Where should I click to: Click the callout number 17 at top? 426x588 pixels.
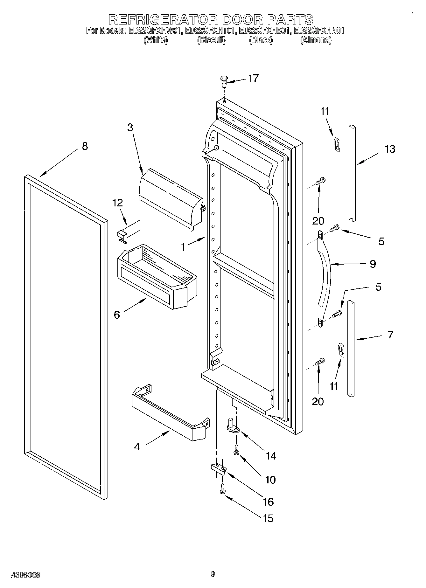[x=253, y=78]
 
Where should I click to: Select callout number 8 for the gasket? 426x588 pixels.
[x=84, y=146]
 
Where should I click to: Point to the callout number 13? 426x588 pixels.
[x=390, y=149]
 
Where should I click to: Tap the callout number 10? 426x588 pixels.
[x=270, y=480]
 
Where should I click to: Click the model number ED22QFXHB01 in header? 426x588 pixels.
[x=265, y=31]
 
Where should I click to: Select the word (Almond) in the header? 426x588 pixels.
[x=316, y=40]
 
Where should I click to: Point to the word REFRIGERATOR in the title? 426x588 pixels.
[x=163, y=20]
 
